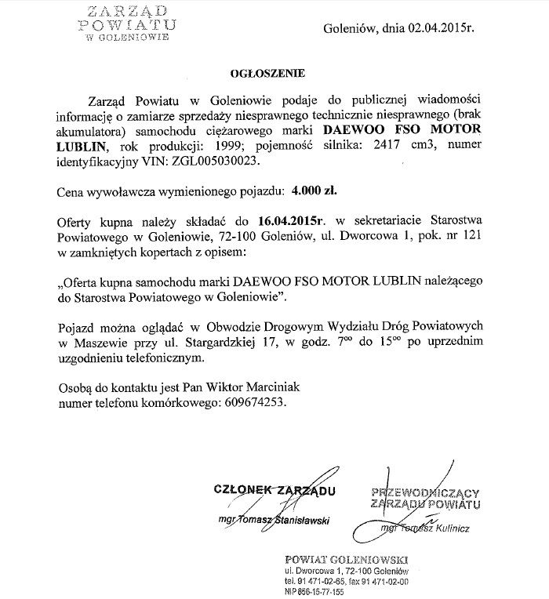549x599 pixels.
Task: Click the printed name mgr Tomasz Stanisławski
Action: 274,520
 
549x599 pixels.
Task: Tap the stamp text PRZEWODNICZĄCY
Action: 435,492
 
